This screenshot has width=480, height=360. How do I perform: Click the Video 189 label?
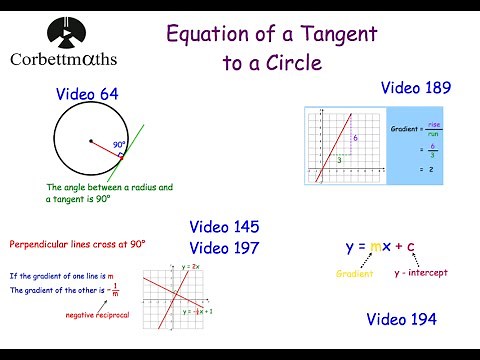tap(416, 88)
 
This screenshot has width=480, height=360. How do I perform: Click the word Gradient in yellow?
tap(353, 272)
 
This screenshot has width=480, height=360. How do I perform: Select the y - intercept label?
tap(420, 272)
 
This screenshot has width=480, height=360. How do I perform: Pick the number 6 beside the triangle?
tap(355, 137)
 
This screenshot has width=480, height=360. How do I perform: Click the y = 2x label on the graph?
tap(193, 266)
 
